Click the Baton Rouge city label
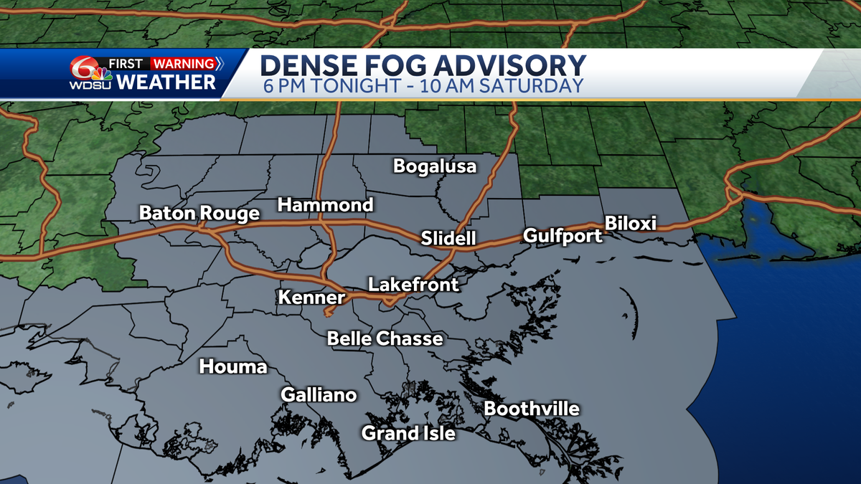[199, 214]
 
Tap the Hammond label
[326, 205]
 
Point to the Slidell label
[448, 238]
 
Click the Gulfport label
[563, 235]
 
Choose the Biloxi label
[631, 223]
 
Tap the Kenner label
[311, 297]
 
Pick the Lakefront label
[413, 285]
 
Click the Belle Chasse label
[385, 338]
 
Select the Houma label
[233, 367]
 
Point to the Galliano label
[319, 395]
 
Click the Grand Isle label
[408, 433]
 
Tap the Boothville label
[532, 409]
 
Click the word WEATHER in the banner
[166, 82]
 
